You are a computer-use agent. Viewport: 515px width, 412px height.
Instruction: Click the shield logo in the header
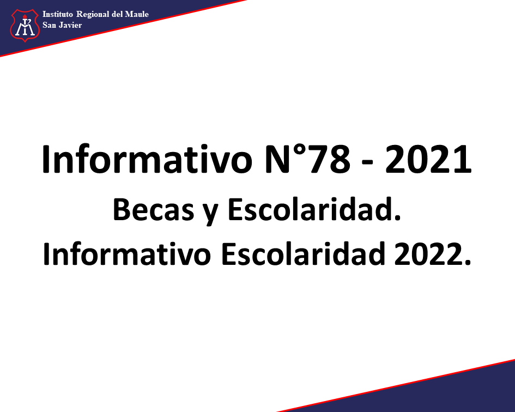pos(25,25)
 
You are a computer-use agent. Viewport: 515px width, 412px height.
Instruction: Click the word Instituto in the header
pos(57,14)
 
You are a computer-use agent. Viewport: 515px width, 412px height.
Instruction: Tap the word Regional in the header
pos(93,15)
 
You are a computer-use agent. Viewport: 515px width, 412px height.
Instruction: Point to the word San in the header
pos(49,25)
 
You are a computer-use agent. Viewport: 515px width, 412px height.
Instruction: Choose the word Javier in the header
pos(70,25)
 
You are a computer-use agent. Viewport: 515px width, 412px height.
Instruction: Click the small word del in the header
pos(117,14)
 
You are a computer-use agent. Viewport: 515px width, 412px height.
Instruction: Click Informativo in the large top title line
pos(147,159)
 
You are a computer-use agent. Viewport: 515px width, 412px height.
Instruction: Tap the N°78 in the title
pos(307,159)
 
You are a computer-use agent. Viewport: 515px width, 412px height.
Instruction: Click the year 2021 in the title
pos(428,159)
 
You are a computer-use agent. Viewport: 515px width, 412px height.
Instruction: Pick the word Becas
pos(154,210)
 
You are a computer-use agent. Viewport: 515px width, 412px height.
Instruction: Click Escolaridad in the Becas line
pos(314,210)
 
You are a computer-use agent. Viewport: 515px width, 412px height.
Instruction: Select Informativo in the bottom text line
pos(127,254)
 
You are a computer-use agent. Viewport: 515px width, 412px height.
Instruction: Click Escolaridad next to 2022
pos(303,254)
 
